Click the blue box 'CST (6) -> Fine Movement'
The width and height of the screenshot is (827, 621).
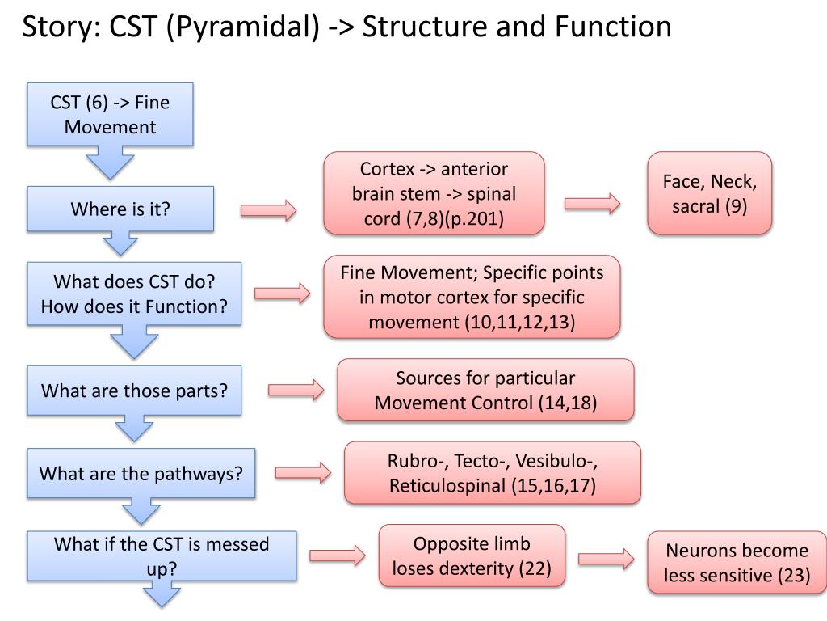click(110, 114)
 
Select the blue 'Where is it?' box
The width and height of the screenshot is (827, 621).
click(120, 209)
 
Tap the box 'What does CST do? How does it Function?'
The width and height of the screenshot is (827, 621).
click(134, 294)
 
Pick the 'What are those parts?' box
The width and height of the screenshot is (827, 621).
click(134, 391)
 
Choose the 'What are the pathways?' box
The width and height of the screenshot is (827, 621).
click(141, 473)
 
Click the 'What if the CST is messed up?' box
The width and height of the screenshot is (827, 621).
click(162, 556)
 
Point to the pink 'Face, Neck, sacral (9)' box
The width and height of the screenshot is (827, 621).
click(709, 193)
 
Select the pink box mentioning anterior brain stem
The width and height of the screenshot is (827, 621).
click(434, 193)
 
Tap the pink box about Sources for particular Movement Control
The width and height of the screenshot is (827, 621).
click(485, 391)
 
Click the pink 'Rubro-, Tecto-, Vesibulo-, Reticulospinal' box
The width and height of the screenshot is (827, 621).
click(492, 472)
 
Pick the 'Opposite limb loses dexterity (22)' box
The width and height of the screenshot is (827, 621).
click(472, 556)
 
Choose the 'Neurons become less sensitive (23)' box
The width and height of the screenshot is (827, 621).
click(737, 563)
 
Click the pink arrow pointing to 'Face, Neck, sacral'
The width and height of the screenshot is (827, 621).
click(592, 203)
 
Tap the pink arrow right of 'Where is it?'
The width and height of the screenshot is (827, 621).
click(268, 210)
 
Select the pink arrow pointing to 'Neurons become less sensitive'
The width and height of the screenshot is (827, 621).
click(606, 559)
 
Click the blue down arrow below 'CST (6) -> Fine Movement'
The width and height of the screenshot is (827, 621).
click(110, 163)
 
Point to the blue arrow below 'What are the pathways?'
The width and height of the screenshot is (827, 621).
click(141, 511)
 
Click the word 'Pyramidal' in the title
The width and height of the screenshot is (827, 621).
click(242, 27)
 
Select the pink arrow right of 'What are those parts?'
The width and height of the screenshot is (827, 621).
click(296, 390)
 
